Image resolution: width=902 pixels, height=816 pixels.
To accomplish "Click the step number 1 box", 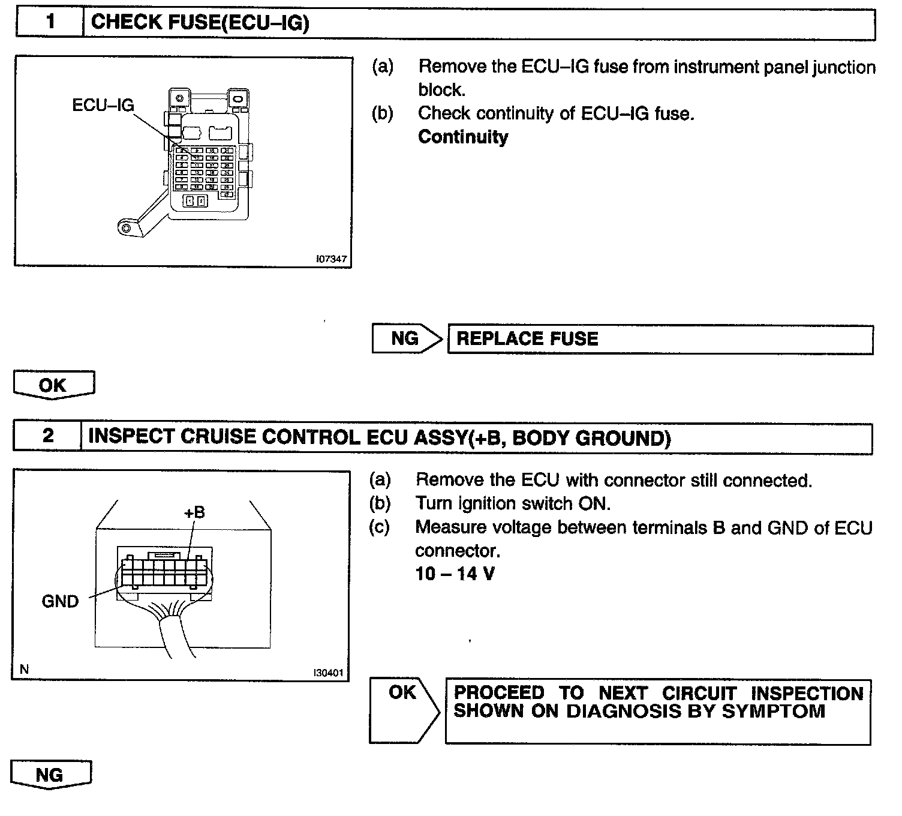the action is [50, 23].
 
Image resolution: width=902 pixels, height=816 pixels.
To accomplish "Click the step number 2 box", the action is [47, 436].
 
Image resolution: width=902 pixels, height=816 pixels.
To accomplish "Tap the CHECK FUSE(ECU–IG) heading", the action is [200, 23].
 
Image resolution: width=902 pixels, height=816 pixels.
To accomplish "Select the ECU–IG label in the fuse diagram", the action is [103, 106].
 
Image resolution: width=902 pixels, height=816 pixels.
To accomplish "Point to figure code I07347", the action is [330, 259].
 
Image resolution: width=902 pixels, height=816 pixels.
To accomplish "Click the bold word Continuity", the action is [462, 137].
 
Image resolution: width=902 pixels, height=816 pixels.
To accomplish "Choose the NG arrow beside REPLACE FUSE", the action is [406, 339].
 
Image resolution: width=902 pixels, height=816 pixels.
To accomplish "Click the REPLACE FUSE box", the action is [660, 340].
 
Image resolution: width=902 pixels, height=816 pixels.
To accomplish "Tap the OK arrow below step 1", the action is [53, 385].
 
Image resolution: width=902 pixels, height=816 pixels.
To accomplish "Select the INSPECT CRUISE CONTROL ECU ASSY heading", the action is [379, 437].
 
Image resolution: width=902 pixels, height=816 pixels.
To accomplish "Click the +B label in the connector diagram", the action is [194, 512].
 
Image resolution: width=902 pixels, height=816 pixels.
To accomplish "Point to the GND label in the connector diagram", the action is [60, 601].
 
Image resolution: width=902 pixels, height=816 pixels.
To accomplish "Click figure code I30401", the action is [328, 673].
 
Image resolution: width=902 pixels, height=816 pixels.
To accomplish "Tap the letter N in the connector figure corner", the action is [24, 669].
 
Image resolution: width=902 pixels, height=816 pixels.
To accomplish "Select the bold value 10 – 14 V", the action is [455, 574].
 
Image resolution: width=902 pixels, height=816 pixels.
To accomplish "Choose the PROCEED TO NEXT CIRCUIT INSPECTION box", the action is [657, 711].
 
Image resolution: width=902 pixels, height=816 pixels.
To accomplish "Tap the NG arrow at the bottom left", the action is [50, 775].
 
